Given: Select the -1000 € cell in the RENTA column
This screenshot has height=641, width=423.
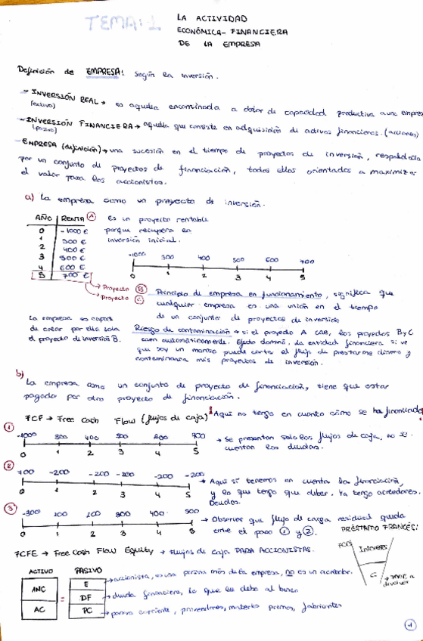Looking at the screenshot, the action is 73,231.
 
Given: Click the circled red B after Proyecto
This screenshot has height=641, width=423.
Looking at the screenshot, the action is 138,288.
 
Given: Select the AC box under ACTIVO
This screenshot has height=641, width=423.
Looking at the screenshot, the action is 39,611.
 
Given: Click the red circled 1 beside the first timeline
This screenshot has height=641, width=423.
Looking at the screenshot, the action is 9,427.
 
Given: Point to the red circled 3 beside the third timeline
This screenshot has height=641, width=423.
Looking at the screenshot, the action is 9,511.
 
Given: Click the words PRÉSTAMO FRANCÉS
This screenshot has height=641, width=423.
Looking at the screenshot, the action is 384,526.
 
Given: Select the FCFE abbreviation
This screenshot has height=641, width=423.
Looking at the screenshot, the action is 26,553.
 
